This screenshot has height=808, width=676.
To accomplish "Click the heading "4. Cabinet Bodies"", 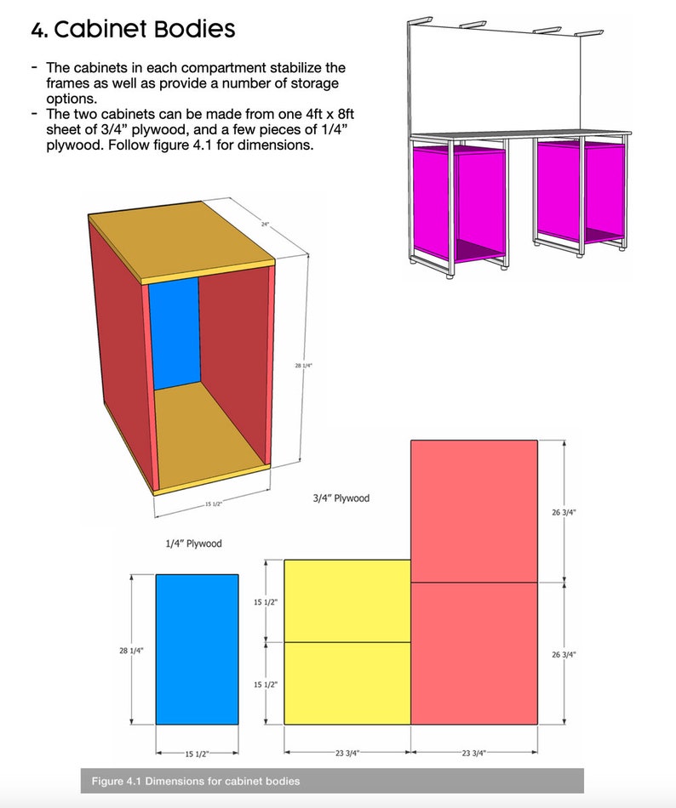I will click(x=133, y=30).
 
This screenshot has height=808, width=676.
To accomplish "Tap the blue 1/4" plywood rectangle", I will click(x=197, y=649).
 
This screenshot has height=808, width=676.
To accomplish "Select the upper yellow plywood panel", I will click(x=347, y=600).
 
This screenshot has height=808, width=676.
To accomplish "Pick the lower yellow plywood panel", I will click(x=347, y=683).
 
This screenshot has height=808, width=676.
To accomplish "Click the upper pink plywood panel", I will click(x=474, y=511).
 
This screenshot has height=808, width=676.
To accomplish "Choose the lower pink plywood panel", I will click(x=474, y=653).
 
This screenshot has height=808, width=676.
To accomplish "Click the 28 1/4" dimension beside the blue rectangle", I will click(x=131, y=651).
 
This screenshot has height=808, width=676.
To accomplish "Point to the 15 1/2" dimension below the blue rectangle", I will click(x=196, y=754).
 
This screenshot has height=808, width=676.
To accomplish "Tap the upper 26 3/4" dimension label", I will click(x=564, y=512).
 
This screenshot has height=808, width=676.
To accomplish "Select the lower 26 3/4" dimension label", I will click(x=564, y=654).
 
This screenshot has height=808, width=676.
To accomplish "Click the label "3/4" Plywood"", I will click(x=341, y=498).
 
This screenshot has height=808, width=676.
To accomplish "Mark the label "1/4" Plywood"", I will click(x=194, y=543).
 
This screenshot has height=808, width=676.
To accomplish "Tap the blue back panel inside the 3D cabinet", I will click(x=175, y=332).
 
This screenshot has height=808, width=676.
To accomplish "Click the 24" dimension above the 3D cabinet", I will click(x=265, y=225).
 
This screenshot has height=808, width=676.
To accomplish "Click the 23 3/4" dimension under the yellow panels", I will click(x=347, y=754).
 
